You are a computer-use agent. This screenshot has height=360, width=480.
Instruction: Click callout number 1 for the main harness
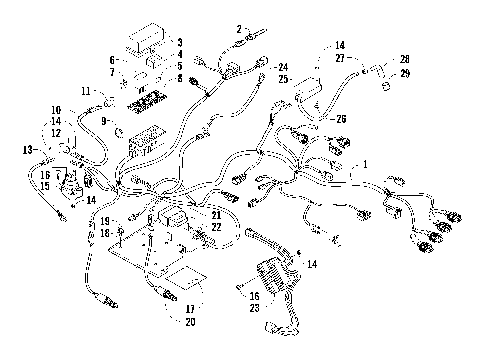point(366,163)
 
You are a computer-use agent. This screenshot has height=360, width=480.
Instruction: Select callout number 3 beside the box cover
point(179,42)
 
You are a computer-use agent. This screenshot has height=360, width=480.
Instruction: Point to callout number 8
point(179,77)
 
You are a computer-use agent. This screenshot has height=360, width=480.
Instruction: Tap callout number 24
point(283,67)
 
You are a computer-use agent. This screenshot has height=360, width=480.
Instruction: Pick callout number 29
point(404,74)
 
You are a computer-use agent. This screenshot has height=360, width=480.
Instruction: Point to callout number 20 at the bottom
point(189,321)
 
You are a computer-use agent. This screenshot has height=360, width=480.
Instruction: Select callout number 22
point(216,227)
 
